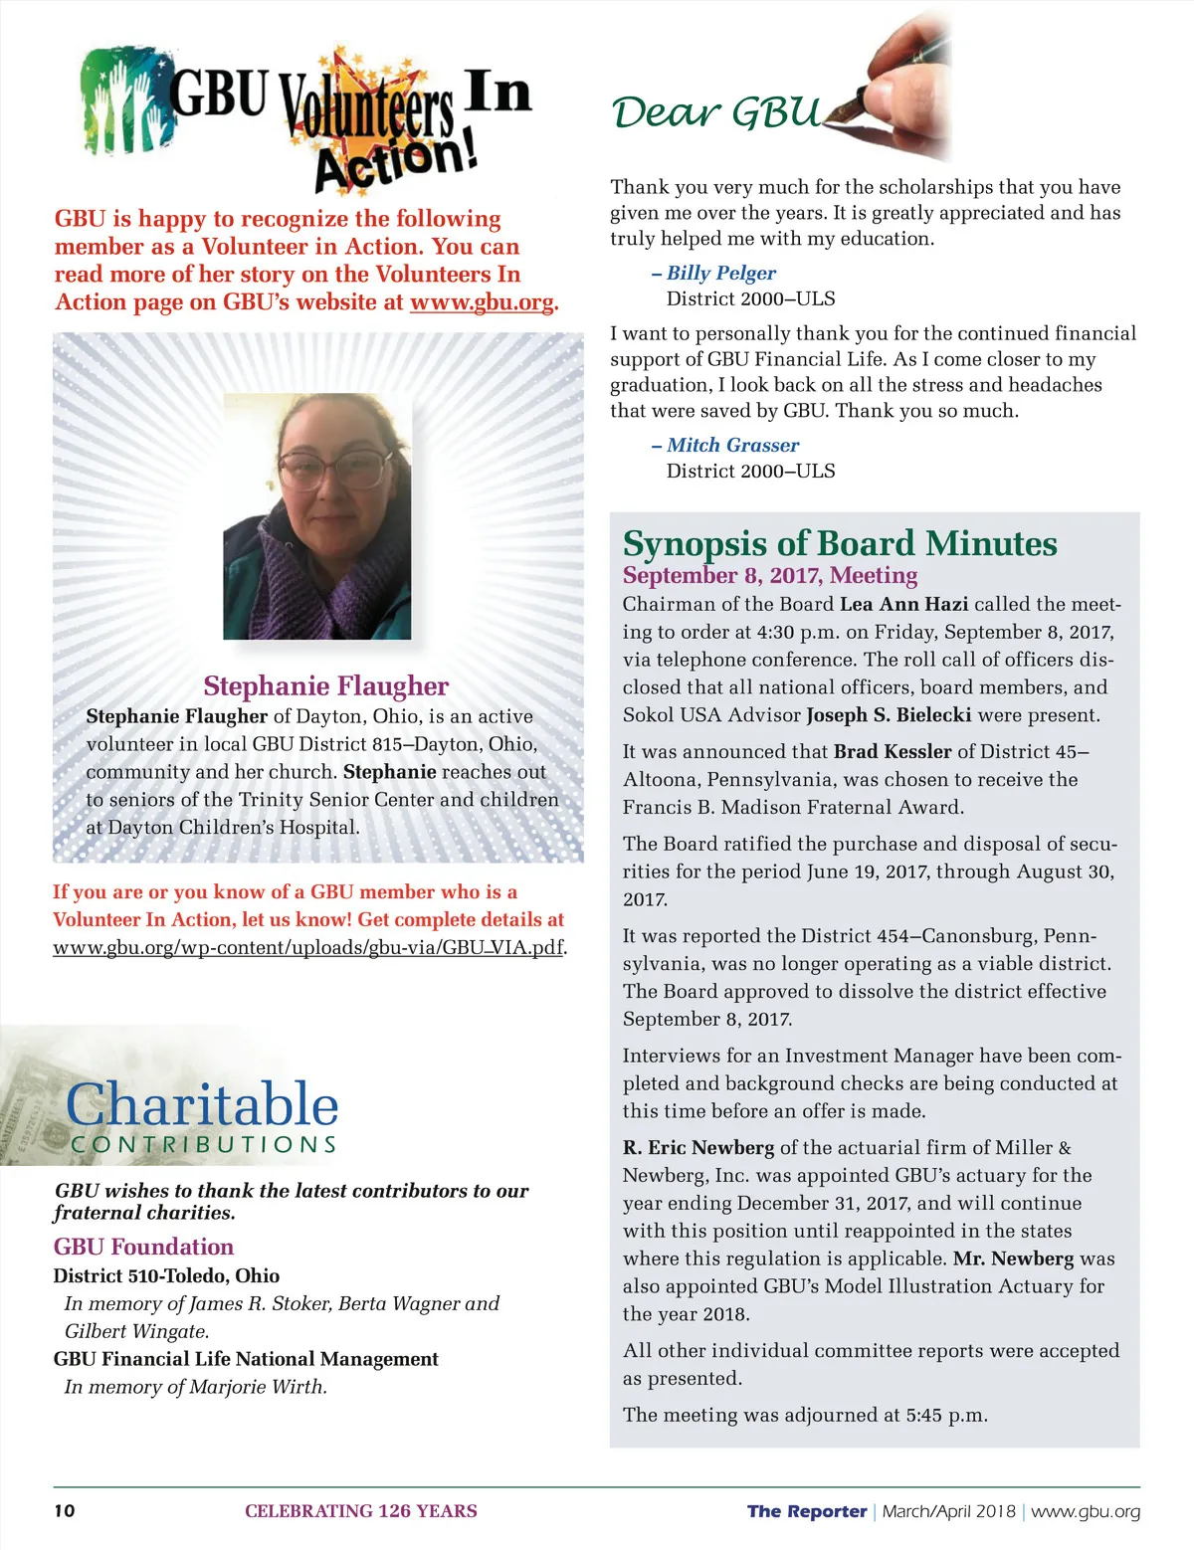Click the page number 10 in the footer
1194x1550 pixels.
pos(64,1511)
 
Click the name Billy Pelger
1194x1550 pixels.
pos(720,273)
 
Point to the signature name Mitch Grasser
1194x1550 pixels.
pos(732,445)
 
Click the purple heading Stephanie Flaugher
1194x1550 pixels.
pos(325,685)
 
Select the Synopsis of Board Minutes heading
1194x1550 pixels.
pos(840,543)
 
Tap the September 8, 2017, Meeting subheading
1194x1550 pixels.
pos(770,575)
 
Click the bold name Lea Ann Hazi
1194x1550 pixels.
pos(903,604)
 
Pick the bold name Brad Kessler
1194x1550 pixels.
pos(893,751)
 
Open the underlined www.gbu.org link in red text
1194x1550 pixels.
pos(482,302)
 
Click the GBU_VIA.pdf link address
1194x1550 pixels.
pos(308,947)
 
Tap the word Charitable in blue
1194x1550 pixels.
pos(202,1104)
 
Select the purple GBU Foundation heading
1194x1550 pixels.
pos(143,1247)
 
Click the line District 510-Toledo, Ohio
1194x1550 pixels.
pos(166,1275)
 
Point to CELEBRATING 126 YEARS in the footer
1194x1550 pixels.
pos(361,1511)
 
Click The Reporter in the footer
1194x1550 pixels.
pos(807,1511)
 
